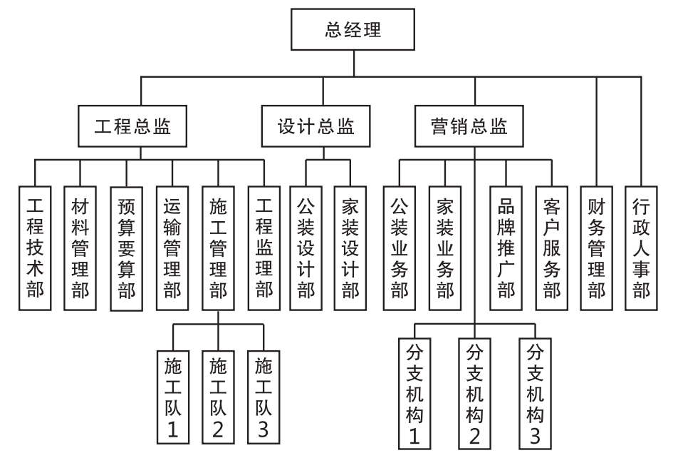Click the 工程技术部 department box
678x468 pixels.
pyautogui.click(x=34, y=245)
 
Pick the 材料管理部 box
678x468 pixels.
pyautogui.click(x=80, y=245)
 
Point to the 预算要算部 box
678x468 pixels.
pyautogui.click(x=126, y=245)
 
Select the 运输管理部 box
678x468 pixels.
pyautogui.click(x=172, y=245)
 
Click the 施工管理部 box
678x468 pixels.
pyautogui.click(x=219, y=245)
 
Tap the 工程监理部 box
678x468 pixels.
pyautogui.click(x=264, y=245)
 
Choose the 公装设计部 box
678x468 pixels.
pyautogui.click(x=306, y=245)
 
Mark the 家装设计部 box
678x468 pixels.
pyautogui.click(x=351, y=245)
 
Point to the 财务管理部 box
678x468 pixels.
pyautogui.click(x=598, y=245)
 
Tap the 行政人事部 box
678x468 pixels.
pyautogui.click(x=643, y=245)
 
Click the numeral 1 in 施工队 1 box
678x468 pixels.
pyautogui.click(x=172, y=429)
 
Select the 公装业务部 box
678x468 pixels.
pyautogui.click(x=399, y=245)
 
